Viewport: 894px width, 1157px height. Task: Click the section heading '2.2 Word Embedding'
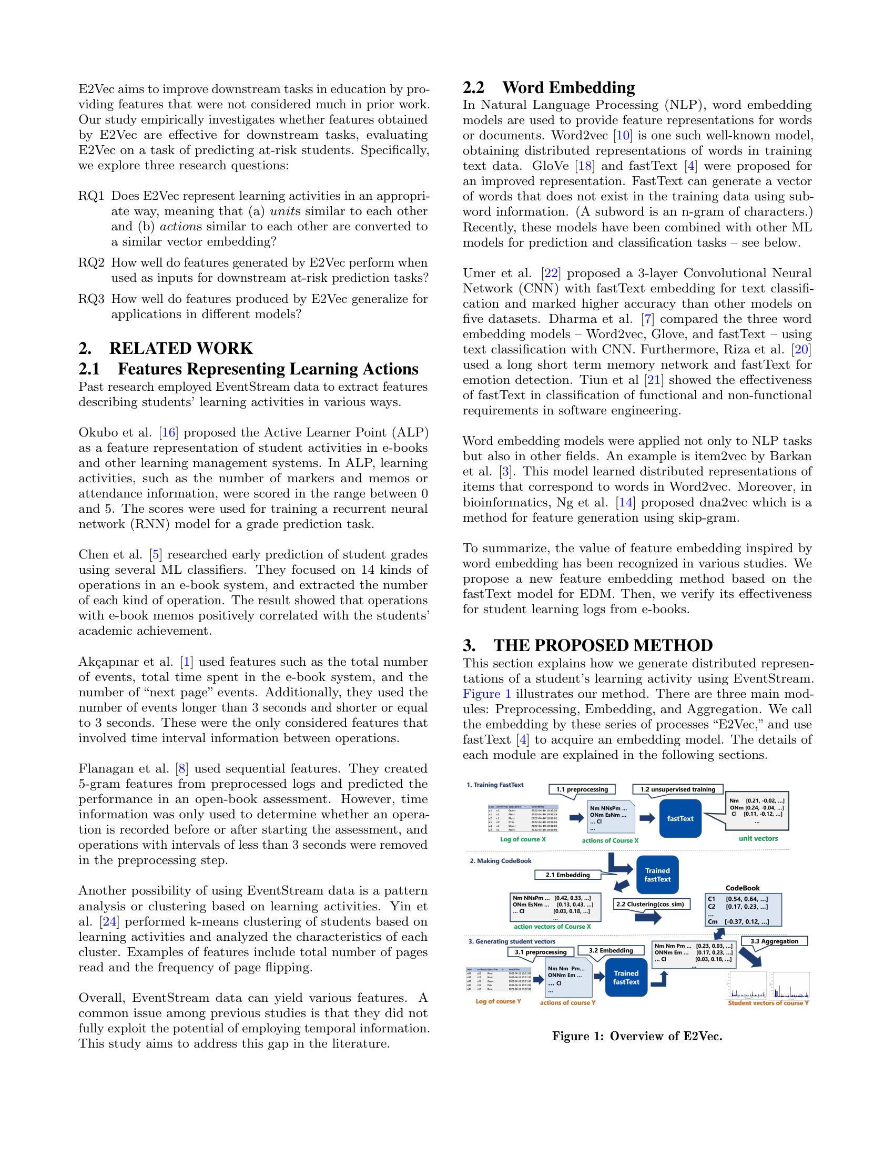(548, 87)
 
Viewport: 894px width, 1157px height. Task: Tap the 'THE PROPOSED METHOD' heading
(588, 646)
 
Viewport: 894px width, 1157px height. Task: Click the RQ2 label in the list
(92, 263)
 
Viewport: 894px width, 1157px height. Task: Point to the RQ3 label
(92, 299)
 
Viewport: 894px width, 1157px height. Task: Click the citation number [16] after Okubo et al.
(168, 432)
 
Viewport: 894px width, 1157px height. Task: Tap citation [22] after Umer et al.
(551, 273)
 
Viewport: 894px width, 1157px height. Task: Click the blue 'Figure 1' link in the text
(487, 694)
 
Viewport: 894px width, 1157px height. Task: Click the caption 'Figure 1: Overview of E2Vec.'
(637, 1036)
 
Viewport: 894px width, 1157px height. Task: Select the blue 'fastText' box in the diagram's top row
(680, 818)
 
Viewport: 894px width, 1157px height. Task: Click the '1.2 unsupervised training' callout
(677, 789)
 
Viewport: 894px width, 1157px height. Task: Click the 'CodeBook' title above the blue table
(743, 888)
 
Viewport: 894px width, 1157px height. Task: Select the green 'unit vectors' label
(758, 839)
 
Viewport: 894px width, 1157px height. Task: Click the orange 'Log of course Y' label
(498, 1001)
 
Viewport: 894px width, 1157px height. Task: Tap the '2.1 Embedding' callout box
(567, 875)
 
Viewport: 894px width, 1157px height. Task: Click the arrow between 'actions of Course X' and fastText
(647, 818)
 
